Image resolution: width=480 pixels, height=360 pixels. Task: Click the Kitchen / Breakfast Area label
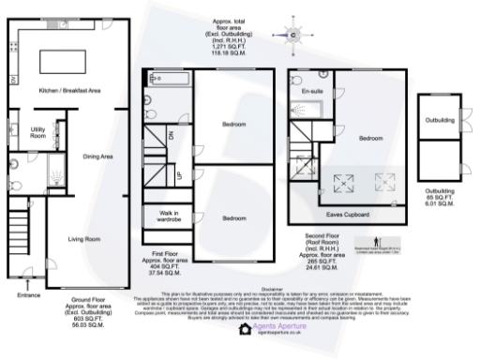69,91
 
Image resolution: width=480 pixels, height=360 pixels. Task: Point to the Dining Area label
98,157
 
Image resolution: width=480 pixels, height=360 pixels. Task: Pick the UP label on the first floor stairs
179,174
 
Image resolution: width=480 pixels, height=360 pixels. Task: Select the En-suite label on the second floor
311,91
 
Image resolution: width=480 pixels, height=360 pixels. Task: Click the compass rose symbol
292,36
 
